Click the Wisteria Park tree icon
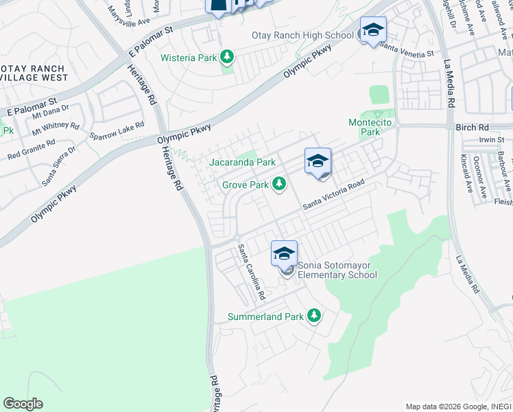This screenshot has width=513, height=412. pyautogui.click(x=227, y=57)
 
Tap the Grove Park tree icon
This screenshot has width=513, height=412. pyautogui.click(x=278, y=183)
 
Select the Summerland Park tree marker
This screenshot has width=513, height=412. pyautogui.click(x=313, y=315)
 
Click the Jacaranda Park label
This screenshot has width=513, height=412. pyautogui.click(x=242, y=163)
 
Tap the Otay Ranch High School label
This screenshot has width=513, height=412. pyautogui.click(x=302, y=35)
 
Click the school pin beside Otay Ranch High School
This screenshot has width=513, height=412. pyautogui.click(x=373, y=30)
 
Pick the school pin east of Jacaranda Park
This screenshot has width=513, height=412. pyautogui.click(x=318, y=161)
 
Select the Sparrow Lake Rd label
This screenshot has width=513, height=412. pyautogui.click(x=117, y=131)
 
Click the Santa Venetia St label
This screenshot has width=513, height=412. pyautogui.click(x=407, y=51)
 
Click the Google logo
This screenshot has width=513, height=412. pyautogui.click(x=23, y=404)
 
